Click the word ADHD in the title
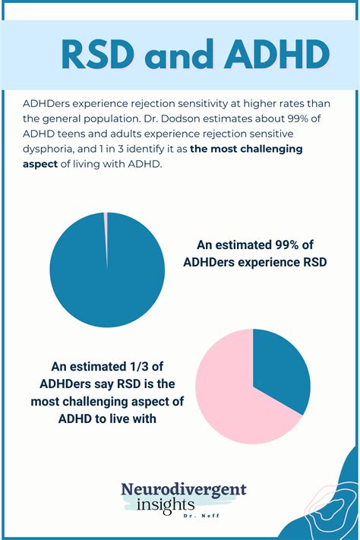pos(276,54)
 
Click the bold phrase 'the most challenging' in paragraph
pos(247,149)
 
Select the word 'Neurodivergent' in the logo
pos(184,490)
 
